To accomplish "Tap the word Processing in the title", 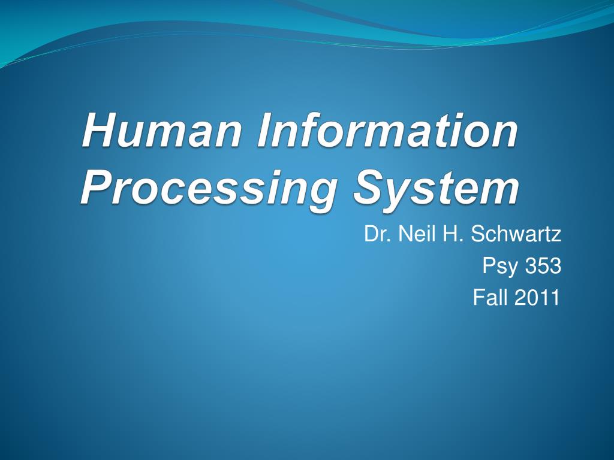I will (x=207, y=189).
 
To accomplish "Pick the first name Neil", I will (x=414, y=234).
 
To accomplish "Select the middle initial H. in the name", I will (x=452, y=234).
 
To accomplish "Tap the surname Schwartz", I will (x=516, y=234).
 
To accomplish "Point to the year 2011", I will (x=537, y=297).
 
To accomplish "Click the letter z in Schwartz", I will (x=557, y=235).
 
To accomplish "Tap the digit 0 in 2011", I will (x=532, y=297).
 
